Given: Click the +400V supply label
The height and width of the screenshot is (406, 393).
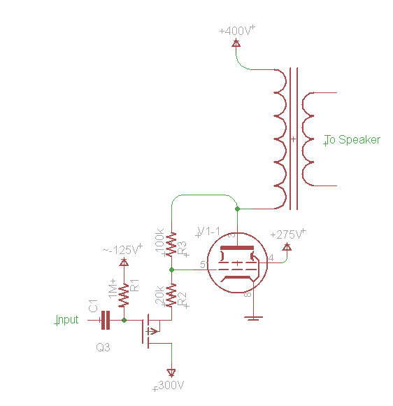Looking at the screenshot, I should (x=237, y=31).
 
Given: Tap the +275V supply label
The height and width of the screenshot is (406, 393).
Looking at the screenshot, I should (x=287, y=234).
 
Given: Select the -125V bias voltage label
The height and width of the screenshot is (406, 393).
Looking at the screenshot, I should (x=122, y=249).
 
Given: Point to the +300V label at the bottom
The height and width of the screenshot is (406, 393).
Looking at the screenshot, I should (x=169, y=386).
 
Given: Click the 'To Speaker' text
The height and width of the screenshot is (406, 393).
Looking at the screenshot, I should (x=353, y=140).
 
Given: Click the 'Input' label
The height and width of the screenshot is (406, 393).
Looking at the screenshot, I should (x=67, y=320).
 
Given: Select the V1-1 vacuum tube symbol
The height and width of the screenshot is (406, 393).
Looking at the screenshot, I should (x=238, y=265).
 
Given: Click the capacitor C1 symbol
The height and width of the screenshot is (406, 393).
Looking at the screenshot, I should (x=106, y=320).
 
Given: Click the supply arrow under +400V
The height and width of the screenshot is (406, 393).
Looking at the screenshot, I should (x=236, y=43).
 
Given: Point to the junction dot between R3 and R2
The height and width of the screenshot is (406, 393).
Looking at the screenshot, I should (x=171, y=269).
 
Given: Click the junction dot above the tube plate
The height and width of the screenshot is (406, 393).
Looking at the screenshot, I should (x=238, y=209).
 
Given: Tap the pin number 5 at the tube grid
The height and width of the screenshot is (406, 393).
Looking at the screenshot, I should (x=203, y=265).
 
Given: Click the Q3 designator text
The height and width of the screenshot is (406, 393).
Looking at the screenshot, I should (x=104, y=346).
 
